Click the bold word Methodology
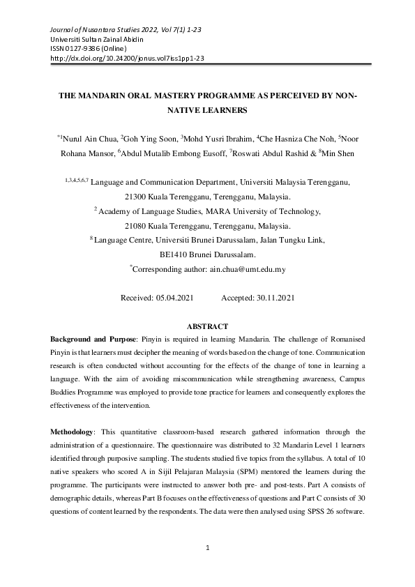(73, 431)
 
